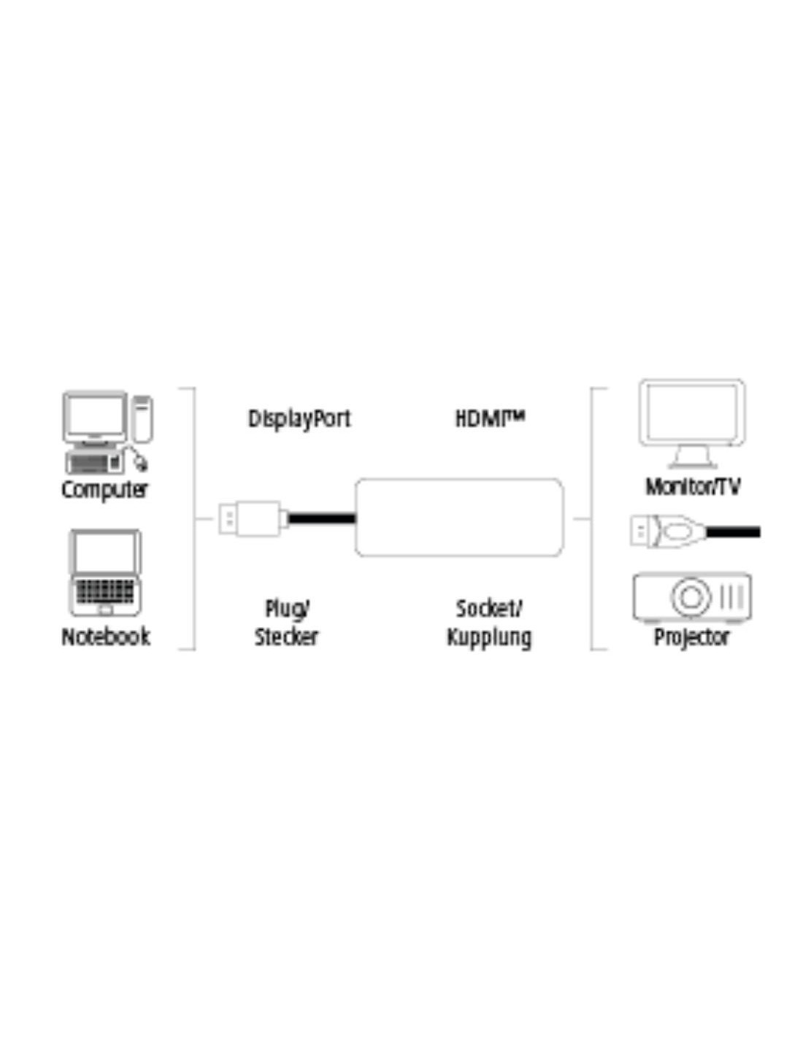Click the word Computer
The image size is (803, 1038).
tap(104, 490)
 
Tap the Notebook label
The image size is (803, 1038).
tap(106, 637)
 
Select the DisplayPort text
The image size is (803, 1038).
tap(299, 419)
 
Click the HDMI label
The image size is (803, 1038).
tap(490, 419)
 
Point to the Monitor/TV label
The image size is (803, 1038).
tap(693, 487)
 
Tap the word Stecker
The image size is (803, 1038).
tap(286, 637)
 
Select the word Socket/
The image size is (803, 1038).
tap(489, 609)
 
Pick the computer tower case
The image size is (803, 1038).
tap(142, 419)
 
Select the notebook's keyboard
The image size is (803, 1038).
tap(105, 591)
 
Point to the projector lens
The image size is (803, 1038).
tap(691, 597)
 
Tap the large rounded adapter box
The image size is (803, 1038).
tap(459, 518)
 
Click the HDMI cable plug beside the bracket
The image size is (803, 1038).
tap(668, 531)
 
